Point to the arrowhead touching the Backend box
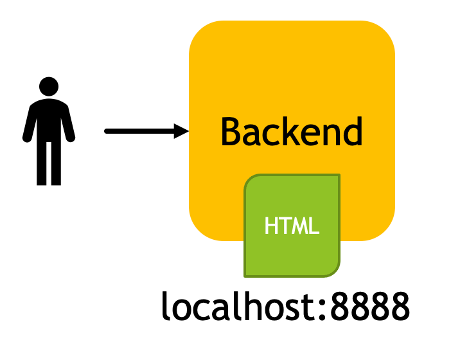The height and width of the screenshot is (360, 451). (183, 132)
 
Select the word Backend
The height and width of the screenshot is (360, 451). (292, 132)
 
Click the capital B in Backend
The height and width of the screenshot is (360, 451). (231, 132)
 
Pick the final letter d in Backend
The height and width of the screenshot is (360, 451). (351, 131)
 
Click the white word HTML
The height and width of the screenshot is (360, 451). (292, 226)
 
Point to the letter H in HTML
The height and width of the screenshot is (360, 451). (272, 226)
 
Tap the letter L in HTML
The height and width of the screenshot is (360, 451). (314, 226)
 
